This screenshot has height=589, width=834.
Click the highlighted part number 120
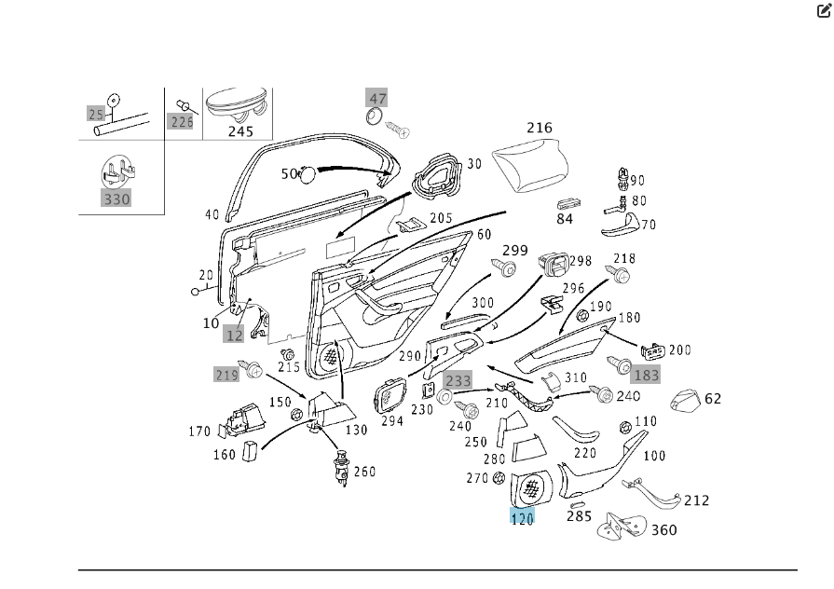point(522,519)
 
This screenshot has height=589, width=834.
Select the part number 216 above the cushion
point(539,128)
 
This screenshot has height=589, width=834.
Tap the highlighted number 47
point(377,99)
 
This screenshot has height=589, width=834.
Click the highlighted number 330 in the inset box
point(116,199)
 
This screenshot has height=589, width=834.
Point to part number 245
point(240,131)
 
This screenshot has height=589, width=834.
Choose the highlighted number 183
point(646,375)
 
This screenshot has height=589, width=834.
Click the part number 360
point(663,530)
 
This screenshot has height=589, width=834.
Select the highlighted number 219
point(226,375)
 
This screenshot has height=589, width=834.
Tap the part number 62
point(713,399)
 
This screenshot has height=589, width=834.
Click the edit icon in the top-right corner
point(824,11)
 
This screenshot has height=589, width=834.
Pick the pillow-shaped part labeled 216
point(530,159)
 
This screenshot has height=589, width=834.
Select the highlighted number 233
point(458,380)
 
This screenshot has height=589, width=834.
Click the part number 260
point(364,472)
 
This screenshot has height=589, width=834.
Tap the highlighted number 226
point(181,121)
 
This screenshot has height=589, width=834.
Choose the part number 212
point(696,500)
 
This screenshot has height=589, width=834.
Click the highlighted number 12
point(234,336)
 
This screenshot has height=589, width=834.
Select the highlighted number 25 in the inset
point(96,114)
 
